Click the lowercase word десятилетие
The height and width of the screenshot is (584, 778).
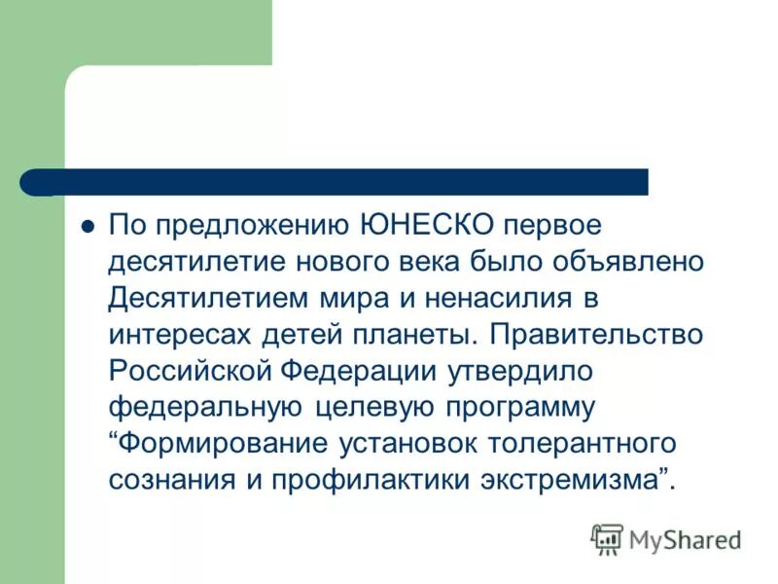(x=193, y=262)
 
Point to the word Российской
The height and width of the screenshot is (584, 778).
(x=191, y=370)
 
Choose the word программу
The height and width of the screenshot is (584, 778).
(x=513, y=407)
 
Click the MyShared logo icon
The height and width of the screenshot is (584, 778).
(x=607, y=539)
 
